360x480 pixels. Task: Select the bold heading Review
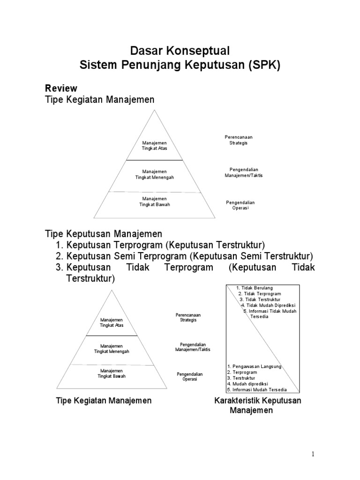click(x=61, y=88)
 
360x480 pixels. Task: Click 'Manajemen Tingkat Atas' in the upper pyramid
click(x=155, y=145)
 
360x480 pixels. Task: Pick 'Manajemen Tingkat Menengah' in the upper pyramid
click(x=155, y=175)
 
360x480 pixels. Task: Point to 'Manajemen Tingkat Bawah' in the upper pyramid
click(x=155, y=202)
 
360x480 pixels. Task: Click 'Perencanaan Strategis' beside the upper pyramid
click(x=239, y=140)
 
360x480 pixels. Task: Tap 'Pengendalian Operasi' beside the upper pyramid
click(x=240, y=205)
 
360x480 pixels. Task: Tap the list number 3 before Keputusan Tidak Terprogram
click(x=59, y=268)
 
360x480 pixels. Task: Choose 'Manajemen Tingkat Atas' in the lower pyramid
click(x=112, y=322)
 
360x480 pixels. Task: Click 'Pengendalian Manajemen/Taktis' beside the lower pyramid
click(x=193, y=347)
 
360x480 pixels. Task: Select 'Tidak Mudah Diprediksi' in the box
click(x=267, y=305)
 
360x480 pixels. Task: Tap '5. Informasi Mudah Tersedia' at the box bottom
click(x=256, y=390)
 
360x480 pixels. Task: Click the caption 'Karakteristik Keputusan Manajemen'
click(x=257, y=405)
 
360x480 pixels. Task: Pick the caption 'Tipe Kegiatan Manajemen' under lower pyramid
click(x=104, y=401)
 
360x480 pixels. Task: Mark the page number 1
click(x=313, y=454)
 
